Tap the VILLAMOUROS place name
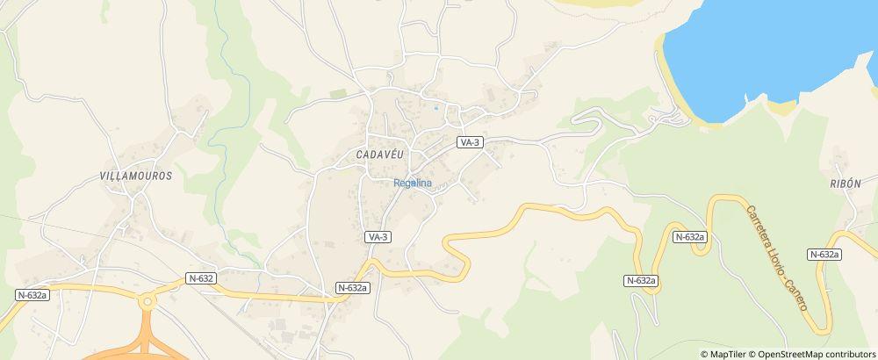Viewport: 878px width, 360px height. pyautogui.click(x=136, y=176)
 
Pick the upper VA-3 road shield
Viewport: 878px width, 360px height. pyautogui.click(x=471, y=142)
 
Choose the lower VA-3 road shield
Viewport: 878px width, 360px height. pyautogui.click(x=378, y=237)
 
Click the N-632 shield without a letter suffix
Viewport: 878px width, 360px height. pyautogui.click(x=201, y=278)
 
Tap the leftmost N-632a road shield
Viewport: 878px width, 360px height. pyautogui.click(x=32, y=296)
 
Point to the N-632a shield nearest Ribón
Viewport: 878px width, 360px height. pyautogui.click(x=824, y=254)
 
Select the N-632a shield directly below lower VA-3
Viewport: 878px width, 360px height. pyautogui.click(x=352, y=287)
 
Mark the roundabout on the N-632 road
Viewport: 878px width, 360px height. pyautogui.click(x=147, y=302)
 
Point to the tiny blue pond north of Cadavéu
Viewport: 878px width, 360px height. pyautogui.click(x=435, y=109)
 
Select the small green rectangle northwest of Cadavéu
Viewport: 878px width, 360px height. pyautogui.click(x=338, y=93)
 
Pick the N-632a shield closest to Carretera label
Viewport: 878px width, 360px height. pyautogui.click(x=691, y=237)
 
